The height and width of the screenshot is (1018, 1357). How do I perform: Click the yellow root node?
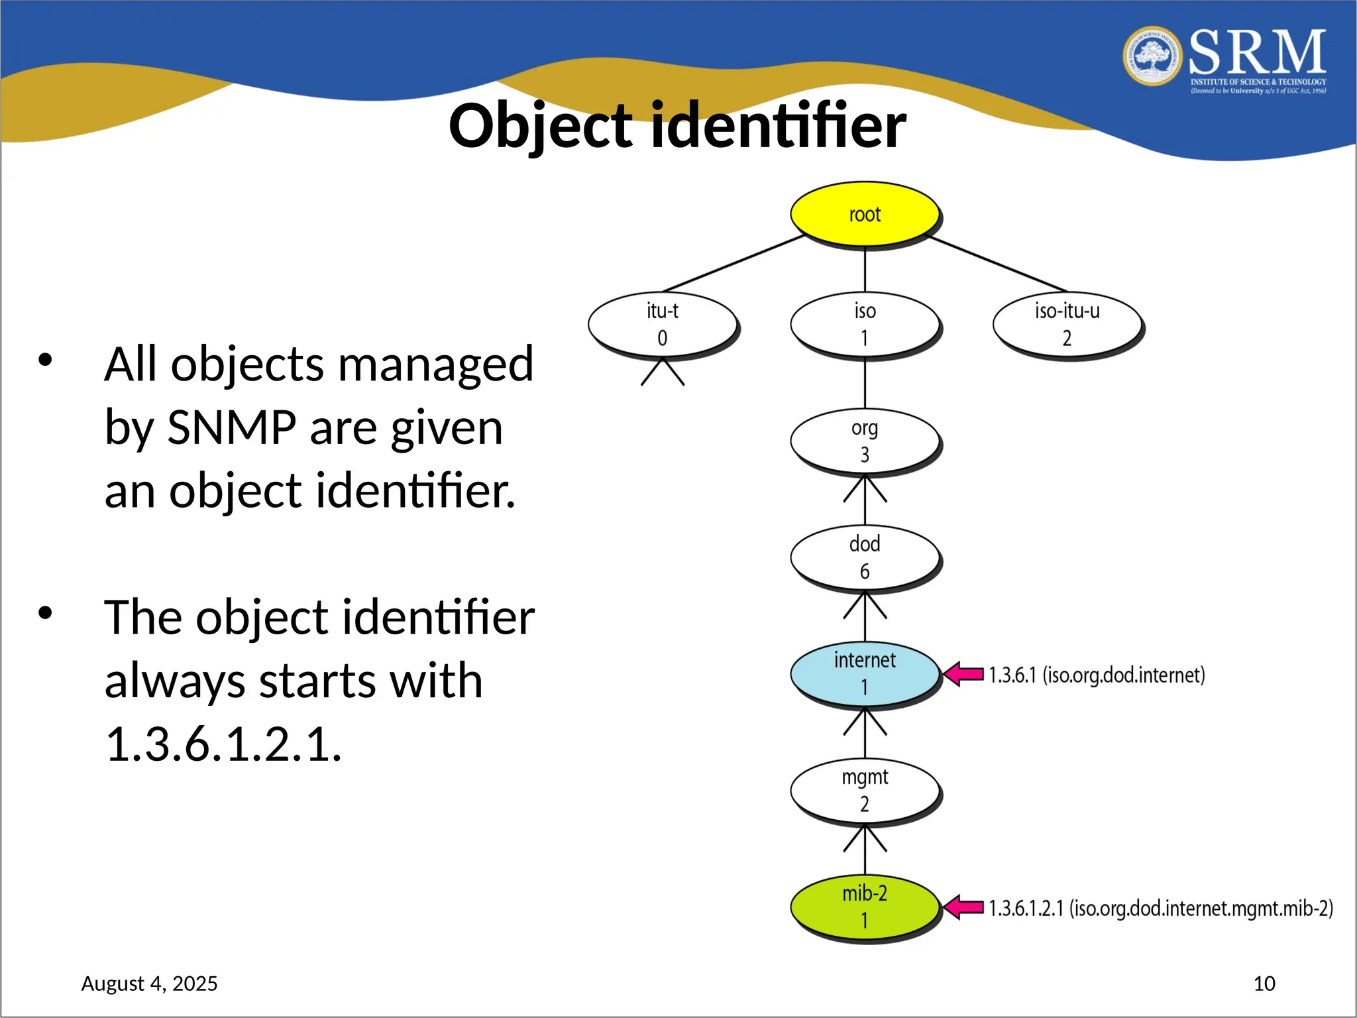pos(865,214)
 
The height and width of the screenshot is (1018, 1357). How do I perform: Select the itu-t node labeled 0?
pos(663,324)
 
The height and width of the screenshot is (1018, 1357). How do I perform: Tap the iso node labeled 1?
pos(865,324)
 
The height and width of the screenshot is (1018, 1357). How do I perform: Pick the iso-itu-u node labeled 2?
pos(1067,324)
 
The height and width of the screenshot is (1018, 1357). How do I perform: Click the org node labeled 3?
pos(865,441)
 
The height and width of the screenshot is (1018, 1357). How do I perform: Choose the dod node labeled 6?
pos(865,557)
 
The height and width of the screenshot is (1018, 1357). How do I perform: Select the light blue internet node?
pos(865,673)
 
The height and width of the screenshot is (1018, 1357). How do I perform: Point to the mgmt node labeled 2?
pos(865,790)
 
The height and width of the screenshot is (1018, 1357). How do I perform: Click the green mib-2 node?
pos(865,907)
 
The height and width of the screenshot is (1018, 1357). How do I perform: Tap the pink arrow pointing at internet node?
pos(963,674)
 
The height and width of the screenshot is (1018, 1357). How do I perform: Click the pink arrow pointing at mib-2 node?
pos(963,907)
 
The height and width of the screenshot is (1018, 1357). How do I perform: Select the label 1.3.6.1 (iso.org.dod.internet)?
pos(1097,675)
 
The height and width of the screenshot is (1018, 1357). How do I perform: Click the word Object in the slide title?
pos(541,127)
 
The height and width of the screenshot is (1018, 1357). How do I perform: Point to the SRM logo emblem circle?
pos(1152,56)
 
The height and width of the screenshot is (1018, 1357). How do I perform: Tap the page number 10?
pos(1264,984)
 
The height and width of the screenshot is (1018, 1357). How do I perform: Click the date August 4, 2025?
pos(149,984)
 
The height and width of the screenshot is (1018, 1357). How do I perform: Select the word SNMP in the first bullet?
pos(231,427)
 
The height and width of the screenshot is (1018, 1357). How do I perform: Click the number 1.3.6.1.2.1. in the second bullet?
pos(223,744)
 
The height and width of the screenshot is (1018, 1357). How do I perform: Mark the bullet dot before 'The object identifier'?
pos(45,612)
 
